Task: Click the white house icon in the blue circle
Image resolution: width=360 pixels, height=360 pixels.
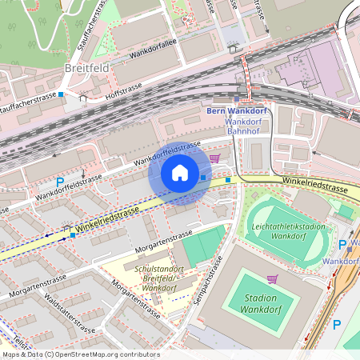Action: click(x=180, y=172)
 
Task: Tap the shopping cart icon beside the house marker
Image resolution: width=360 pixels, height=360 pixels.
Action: click(x=214, y=158)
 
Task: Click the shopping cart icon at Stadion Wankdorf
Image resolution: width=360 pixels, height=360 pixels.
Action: click(x=272, y=278)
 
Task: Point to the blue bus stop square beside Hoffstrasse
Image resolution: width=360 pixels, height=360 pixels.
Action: click(x=62, y=94)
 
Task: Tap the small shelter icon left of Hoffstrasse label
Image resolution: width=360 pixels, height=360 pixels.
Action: click(x=83, y=98)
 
